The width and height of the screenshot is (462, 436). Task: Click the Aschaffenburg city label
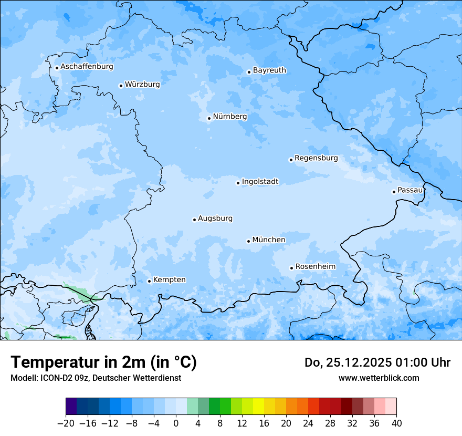pos(87,67)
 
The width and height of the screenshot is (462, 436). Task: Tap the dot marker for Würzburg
pos(121,86)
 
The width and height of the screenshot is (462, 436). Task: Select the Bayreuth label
pos(269,70)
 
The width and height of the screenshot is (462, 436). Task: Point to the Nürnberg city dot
pos(209,118)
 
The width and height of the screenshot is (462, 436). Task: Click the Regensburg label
pos(316,158)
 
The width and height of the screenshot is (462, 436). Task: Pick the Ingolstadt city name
pos(260,182)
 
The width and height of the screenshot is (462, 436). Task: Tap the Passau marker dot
pos(394,192)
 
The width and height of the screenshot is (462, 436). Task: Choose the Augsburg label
pos(215,219)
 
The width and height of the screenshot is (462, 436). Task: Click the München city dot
pos(248,241)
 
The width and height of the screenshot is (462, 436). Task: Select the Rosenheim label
pos(315,267)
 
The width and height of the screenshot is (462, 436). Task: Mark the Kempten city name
pos(169,280)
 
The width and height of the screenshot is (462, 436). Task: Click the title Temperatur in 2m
pos(103,362)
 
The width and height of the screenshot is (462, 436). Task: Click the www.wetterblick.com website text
pos(379,378)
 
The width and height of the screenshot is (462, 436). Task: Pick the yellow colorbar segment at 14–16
pos(258,407)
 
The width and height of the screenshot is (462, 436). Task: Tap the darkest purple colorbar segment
pos(71,407)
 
